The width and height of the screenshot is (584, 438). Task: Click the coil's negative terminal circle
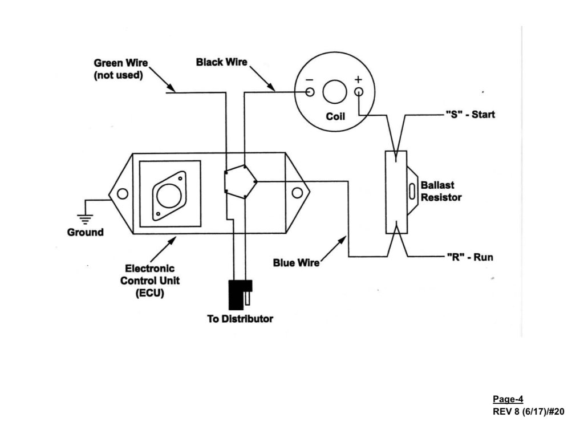click(x=310, y=92)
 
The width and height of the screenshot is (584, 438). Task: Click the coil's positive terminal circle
click(x=358, y=92)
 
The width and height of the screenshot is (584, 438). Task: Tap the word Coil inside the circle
click(x=335, y=116)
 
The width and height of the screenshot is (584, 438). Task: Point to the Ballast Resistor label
click(x=441, y=192)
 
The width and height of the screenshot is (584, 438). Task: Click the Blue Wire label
click(x=296, y=263)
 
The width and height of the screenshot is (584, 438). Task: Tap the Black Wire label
click(x=222, y=62)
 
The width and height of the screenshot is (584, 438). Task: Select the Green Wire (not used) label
click(x=118, y=69)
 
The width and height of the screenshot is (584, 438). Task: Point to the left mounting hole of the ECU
click(x=122, y=194)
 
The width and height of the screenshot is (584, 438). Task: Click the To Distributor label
click(x=240, y=319)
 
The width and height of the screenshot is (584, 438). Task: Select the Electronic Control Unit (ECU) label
click(x=150, y=281)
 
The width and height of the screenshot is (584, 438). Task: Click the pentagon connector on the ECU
click(x=240, y=182)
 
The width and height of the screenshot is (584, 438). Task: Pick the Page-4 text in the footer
click(x=508, y=399)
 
